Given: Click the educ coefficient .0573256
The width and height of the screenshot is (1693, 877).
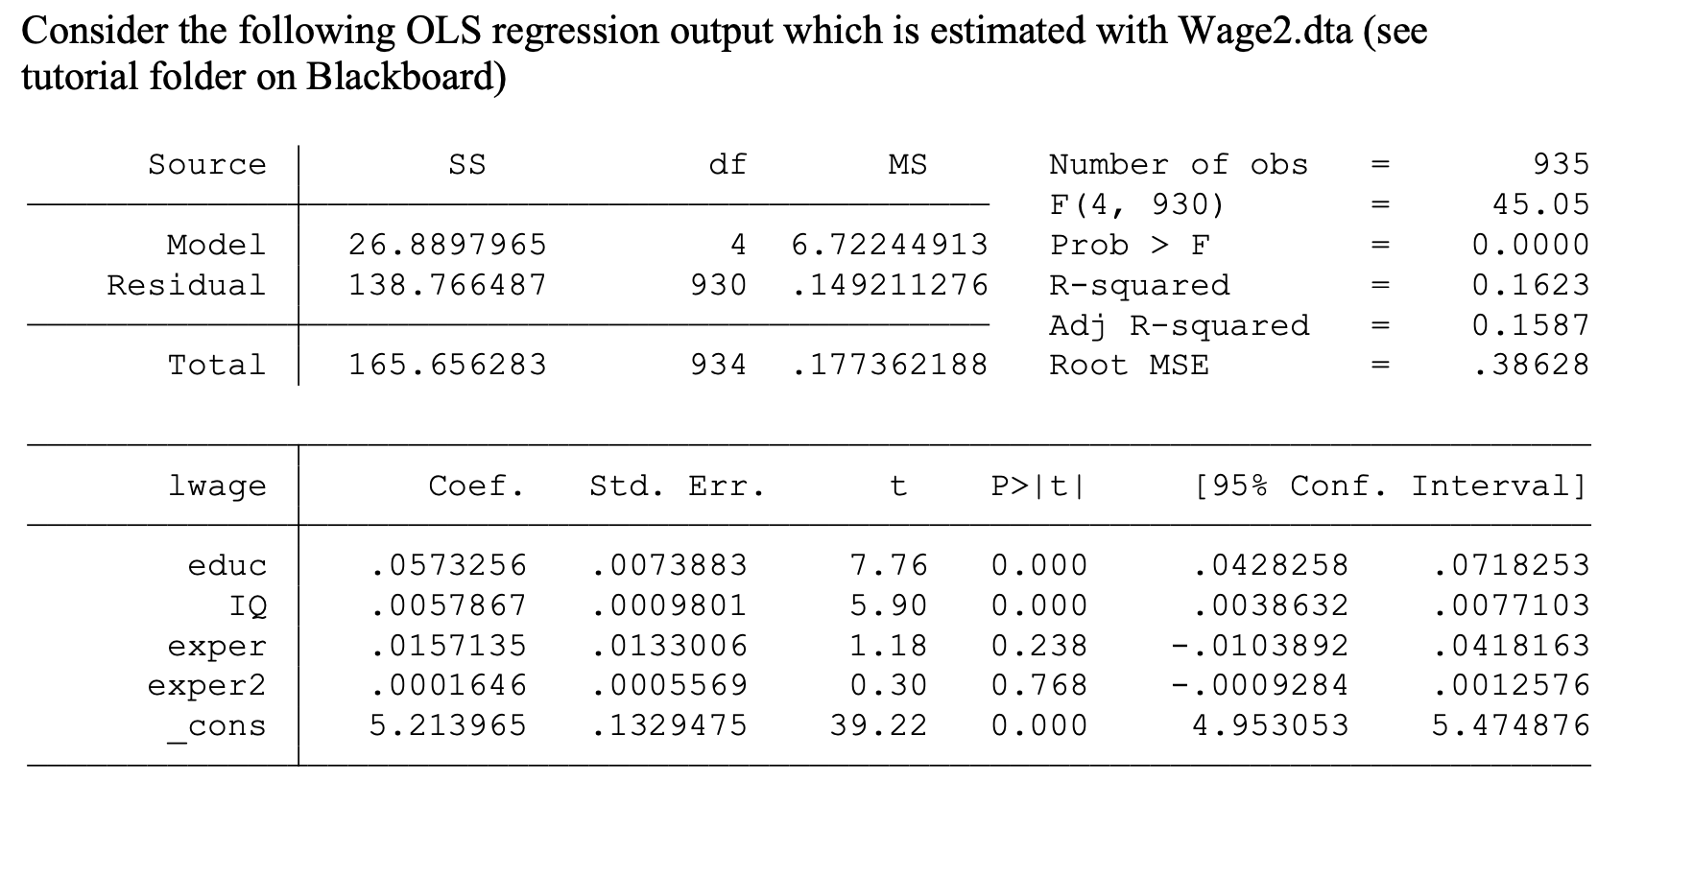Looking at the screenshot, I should [448, 565].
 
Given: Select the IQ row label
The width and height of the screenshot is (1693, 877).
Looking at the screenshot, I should [248, 605].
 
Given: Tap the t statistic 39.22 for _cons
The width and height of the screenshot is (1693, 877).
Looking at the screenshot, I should [878, 725].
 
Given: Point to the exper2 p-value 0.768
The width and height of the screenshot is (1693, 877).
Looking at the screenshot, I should [1039, 685].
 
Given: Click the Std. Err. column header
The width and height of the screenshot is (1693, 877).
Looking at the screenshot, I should [677, 486].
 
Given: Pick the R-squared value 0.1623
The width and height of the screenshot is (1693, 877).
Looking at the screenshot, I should [1530, 285].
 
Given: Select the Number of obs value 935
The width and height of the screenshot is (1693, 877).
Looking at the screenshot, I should [1561, 164].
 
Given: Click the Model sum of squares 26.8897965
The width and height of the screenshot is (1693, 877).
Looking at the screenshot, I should [447, 245].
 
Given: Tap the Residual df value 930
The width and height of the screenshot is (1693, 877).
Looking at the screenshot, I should [718, 285].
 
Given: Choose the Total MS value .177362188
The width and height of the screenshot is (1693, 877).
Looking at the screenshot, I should [890, 365].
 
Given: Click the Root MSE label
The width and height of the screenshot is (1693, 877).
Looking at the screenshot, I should [1129, 365].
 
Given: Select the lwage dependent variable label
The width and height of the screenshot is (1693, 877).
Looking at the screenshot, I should [217, 486].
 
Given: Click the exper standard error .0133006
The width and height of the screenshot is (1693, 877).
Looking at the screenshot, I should [670, 646].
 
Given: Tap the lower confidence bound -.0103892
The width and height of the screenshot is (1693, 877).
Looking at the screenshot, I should [1259, 646].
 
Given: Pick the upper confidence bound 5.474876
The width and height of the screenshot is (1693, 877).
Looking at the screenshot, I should [1511, 725].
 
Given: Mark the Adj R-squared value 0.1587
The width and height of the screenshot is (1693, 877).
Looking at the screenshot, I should [1530, 325].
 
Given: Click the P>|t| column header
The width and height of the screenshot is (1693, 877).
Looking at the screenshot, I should [1039, 486].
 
